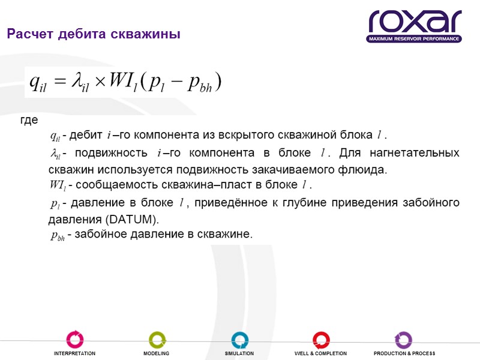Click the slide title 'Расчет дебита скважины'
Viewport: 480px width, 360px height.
pos(93,34)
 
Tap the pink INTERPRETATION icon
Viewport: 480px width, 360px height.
pos(75,340)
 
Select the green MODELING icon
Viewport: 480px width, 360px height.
pos(157,340)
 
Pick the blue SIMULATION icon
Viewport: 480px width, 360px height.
pos(239,340)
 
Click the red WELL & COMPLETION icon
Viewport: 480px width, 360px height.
pos(321,340)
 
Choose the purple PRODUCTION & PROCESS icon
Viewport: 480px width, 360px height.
pos(403,340)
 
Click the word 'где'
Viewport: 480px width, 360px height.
pos(29,121)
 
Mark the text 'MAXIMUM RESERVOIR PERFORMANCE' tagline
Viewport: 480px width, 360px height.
pos(414,39)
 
